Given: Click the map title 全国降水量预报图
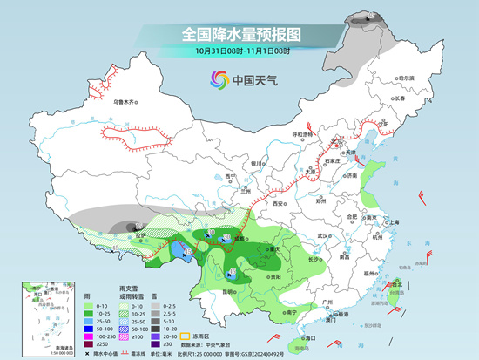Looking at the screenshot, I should click(239, 34).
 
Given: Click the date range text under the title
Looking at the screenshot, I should click(239, 51).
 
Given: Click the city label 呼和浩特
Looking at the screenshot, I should click(301, 134).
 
